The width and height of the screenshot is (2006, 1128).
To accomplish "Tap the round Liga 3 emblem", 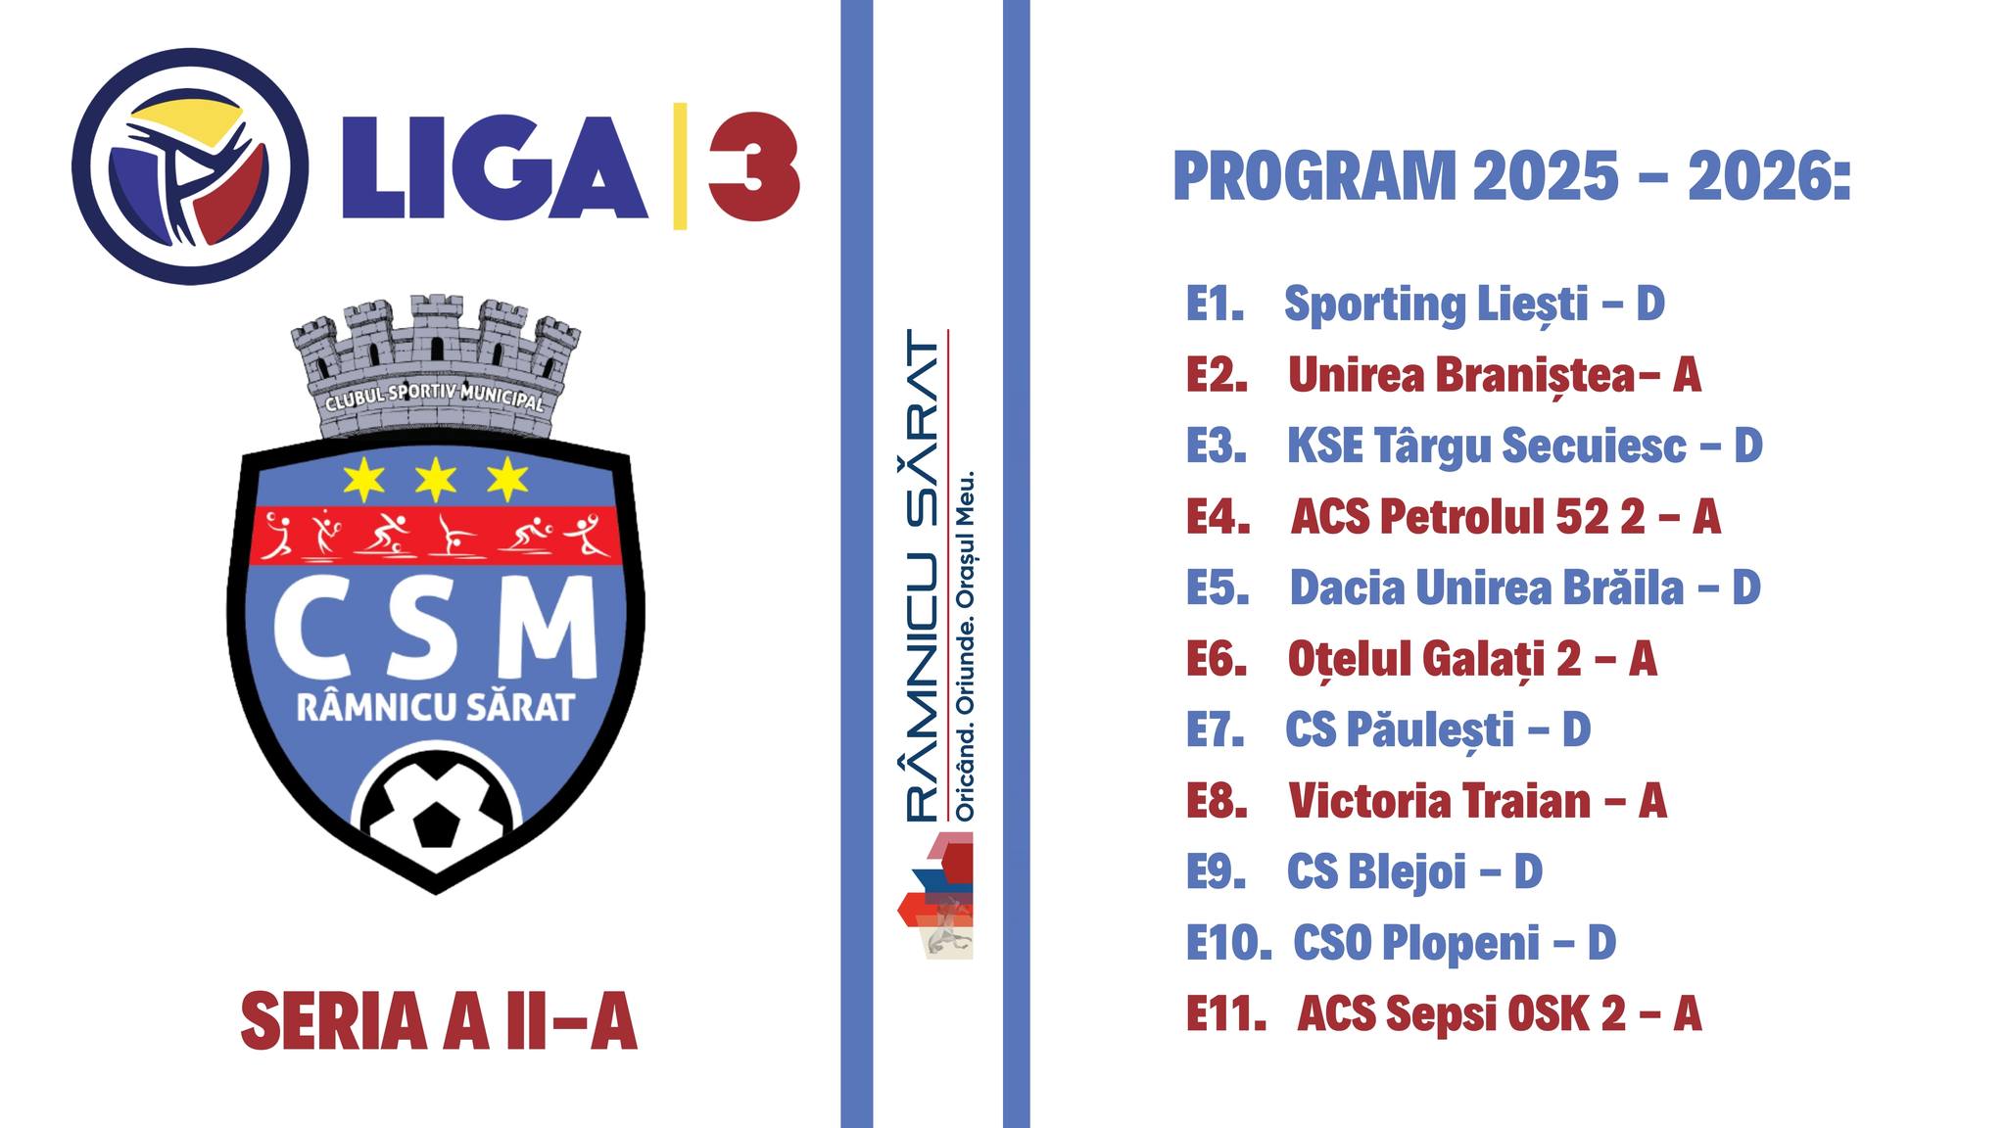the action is click(190, 166).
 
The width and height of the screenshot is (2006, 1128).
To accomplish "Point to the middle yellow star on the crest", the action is click(436, 480).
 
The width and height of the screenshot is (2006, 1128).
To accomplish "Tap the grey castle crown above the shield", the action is click(435, 367).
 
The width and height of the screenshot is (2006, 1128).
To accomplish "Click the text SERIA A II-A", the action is click(439, 1021).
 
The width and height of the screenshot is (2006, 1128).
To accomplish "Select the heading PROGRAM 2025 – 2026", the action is click(1512, 176).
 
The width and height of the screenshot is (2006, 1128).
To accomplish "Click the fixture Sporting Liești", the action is click(1436, 305).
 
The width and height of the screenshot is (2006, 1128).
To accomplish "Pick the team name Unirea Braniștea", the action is click(1461, 375).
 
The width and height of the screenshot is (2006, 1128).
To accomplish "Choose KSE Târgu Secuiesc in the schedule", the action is click(1487, 446).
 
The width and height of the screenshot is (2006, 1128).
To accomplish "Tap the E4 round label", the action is click(1218, 517).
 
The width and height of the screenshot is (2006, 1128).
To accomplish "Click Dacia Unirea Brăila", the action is click(1487, 587).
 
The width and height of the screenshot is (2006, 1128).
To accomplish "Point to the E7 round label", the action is click(1216, 729).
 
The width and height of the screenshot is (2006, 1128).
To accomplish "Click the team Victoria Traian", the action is click(1440, 801).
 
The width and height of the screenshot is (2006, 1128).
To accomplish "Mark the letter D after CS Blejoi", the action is click(1529, 871).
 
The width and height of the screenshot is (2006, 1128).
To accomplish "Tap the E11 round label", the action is click(1226, 1013).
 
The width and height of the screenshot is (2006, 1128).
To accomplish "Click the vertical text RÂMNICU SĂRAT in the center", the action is click(922, 575).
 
